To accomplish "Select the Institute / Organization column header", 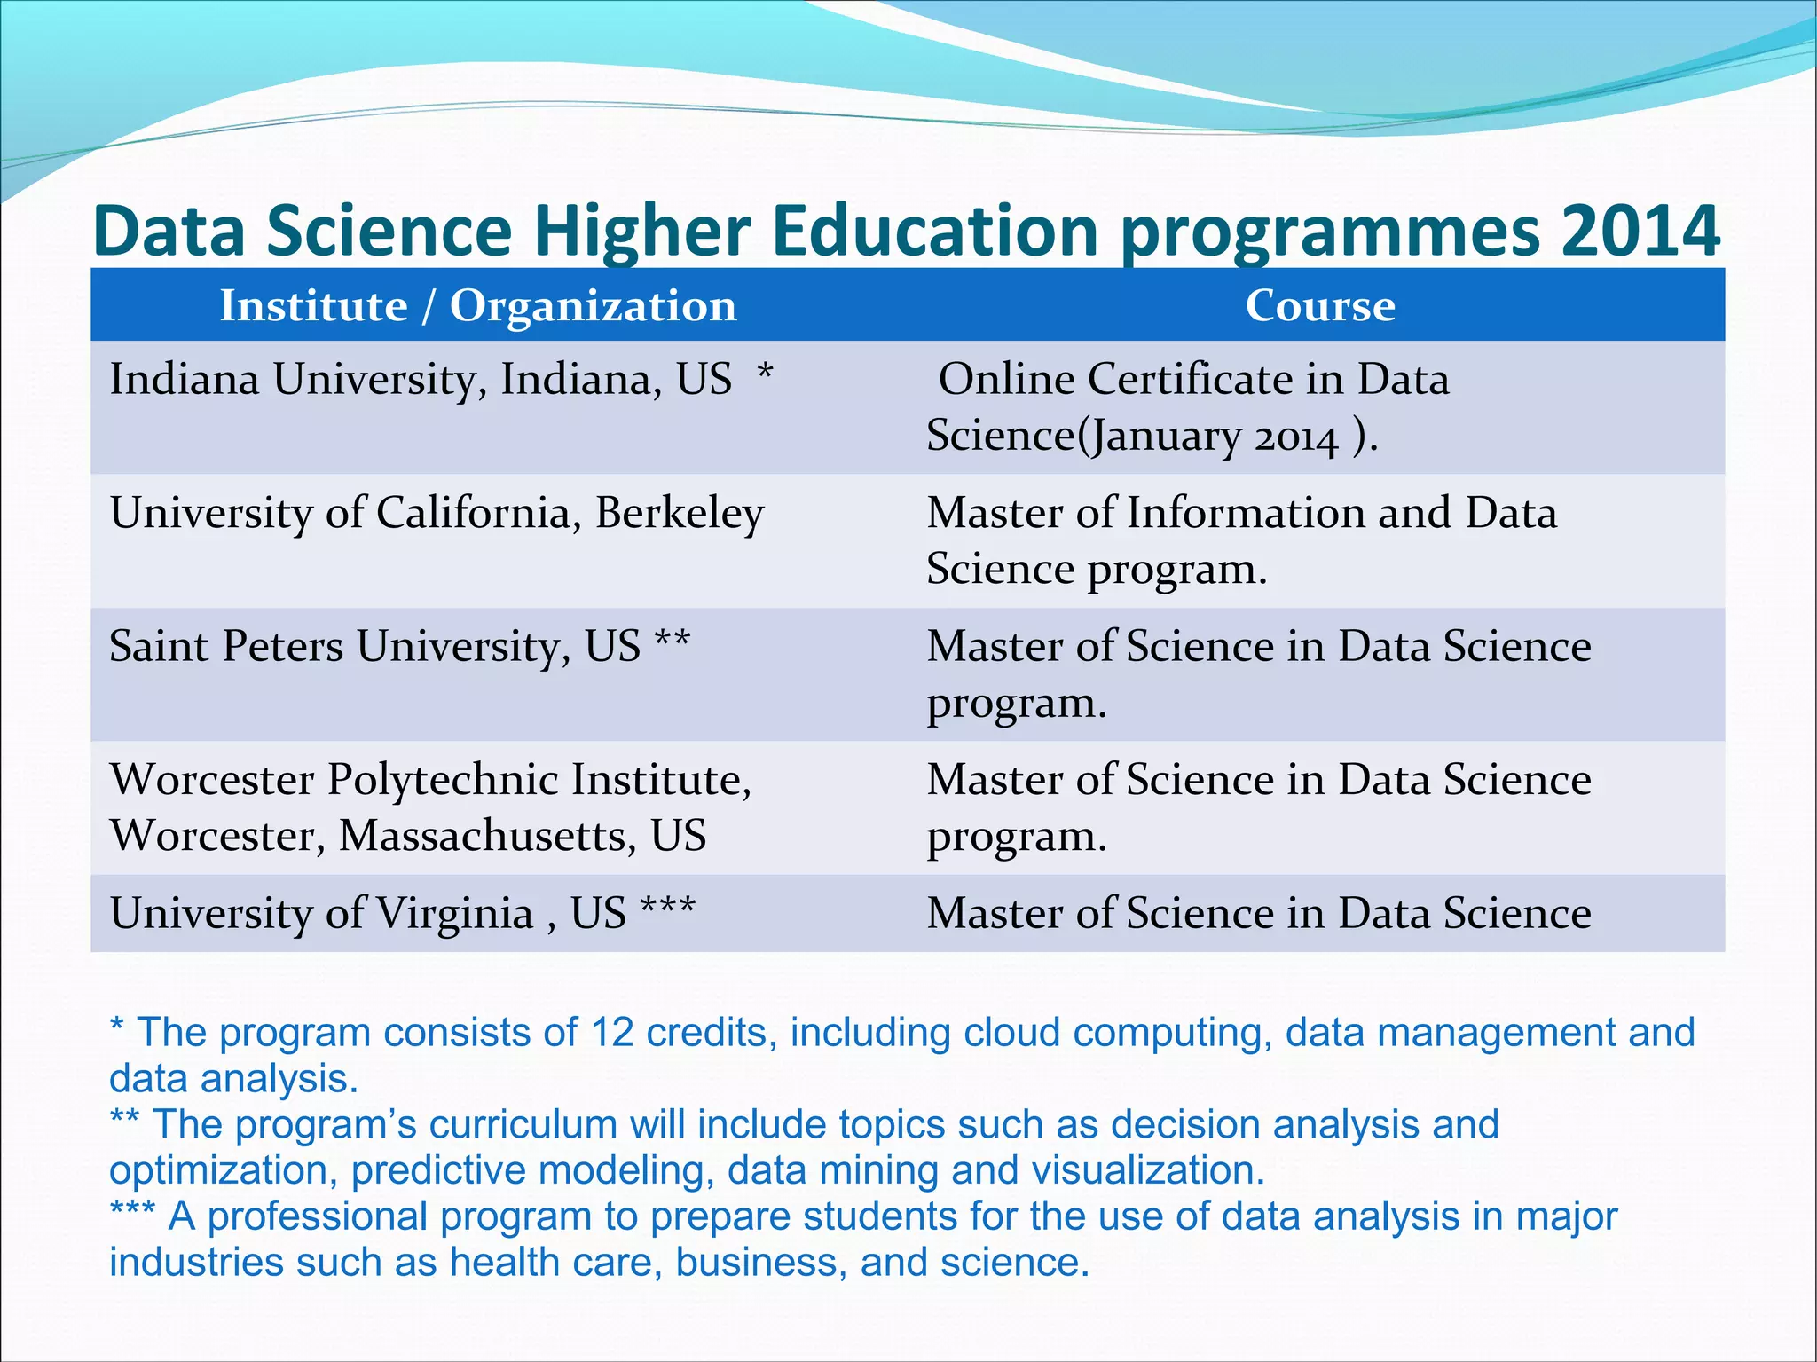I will coord(478,306).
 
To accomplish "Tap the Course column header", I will coord(1319,306).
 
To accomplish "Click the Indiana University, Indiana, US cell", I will coord(421,380).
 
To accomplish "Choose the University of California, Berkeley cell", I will coord(437,514).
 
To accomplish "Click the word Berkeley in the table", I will coord(679,514).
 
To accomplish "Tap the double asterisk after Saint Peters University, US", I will coord(672,641).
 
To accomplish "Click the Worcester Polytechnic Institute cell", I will coord(430,807).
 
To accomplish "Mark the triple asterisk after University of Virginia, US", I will coord(667,908).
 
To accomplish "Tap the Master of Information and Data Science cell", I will coord(1240,540).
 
